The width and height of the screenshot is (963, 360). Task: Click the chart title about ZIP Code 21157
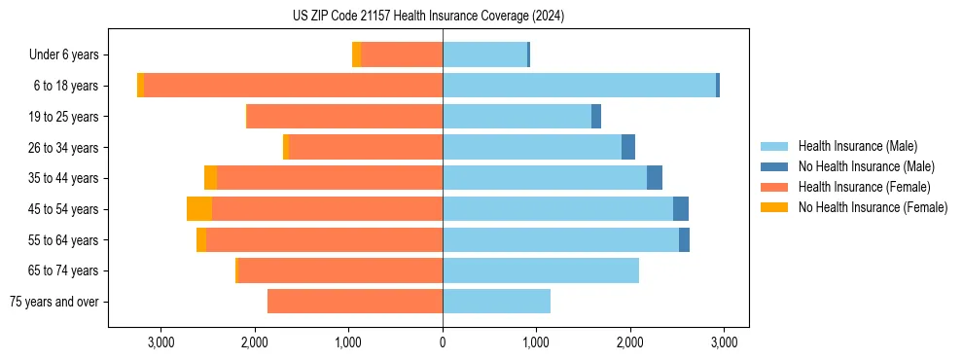click(x=428, y=17)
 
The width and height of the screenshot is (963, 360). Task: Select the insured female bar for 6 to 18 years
click(x=293, y=86)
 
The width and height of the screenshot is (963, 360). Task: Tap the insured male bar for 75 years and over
click(x=496, y=302)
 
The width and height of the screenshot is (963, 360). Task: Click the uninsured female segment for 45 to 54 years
click(x=199, y=209)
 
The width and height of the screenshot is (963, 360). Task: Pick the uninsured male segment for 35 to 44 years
click(x=655, y=178)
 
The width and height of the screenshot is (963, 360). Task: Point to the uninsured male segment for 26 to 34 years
click(x=628, y=147)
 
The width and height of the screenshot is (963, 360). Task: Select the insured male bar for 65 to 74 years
click(x=541, y=270)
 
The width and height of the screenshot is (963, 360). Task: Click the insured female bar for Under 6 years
click(x=402, y=54)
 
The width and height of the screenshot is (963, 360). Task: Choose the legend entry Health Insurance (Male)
click(x=856, y=146)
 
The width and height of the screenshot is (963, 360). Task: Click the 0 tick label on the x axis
click(x=443, y=342)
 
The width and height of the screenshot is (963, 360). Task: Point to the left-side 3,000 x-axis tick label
click(x=160, y=342)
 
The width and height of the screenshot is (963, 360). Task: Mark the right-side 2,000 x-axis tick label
click(x=629, y=342)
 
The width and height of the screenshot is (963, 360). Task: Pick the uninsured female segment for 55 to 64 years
click(x=201, y=240)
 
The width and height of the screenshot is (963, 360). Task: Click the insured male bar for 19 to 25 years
click(x=517, y=117)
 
